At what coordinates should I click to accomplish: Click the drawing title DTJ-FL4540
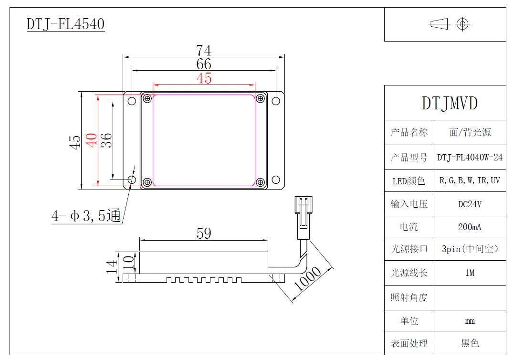tap(65, 24)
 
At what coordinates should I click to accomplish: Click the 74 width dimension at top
tap(204, 50)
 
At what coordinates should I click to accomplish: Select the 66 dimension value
tap(204, 64)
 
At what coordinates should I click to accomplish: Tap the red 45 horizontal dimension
tap(204, 78)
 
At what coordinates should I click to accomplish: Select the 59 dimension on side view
tap(204, 233)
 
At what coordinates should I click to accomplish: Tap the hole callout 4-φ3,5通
tap(86, 216)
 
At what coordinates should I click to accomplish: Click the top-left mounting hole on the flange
tap(132, 101)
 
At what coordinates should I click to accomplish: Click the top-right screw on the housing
tap(260, 99)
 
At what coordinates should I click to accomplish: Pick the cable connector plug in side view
tap(302, 217)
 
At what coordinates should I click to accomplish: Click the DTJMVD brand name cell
tap(450, 103)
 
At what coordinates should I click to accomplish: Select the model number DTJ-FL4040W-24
tap(470, 158)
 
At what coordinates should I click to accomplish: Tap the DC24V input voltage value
tap(470, 204)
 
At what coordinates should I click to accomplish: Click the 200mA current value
tap(470, 227)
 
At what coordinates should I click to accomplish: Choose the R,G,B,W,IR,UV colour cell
tap(470, 181)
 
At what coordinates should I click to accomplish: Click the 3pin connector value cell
tap(470, 249)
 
